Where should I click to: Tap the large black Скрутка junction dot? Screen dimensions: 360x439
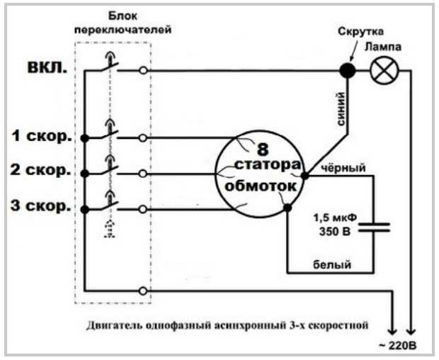[x=347, y=71]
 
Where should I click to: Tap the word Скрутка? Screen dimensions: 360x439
[x=361, y=33]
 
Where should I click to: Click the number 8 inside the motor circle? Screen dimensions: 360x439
[x=263, y=150]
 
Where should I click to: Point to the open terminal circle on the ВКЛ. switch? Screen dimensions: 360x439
[x=144, y=71]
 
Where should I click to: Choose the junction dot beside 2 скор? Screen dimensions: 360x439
[x=85, y=172]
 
